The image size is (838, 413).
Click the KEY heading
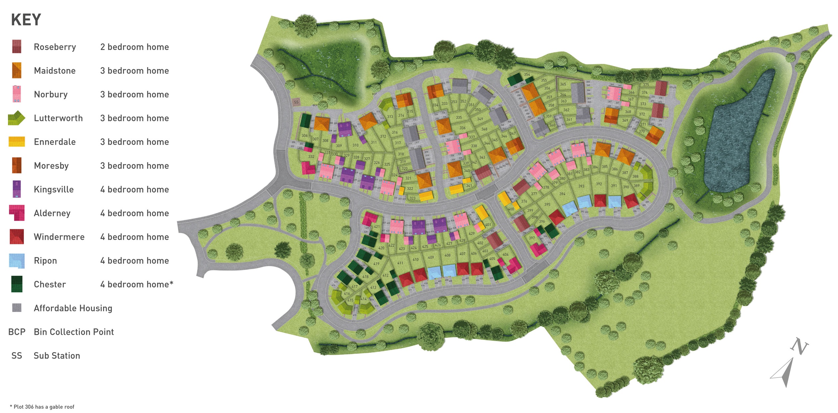coord(26,20)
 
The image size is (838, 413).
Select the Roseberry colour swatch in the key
coord(17,47)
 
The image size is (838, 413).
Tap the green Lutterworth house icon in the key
coord(16,118)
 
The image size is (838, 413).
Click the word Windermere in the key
coord(59,237)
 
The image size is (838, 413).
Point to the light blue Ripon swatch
coord(17,261)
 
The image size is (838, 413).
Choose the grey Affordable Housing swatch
coord(17,308)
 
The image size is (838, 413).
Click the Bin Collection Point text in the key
coord(74,332)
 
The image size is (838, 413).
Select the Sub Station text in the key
coord(57,356)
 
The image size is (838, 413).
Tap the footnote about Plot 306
coord(42,407)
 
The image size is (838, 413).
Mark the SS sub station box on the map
coord(296,102)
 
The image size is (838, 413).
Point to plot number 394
coord(562,194)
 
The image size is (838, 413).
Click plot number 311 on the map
coord(374,142)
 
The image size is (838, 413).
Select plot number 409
coord(431,257)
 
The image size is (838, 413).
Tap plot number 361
coord(569,120)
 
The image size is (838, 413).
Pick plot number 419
coord(376,263)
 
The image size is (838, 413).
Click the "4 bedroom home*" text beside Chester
coord(137,284)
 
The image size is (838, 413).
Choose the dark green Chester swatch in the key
coord(17,284)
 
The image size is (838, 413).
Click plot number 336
coord(463,128)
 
